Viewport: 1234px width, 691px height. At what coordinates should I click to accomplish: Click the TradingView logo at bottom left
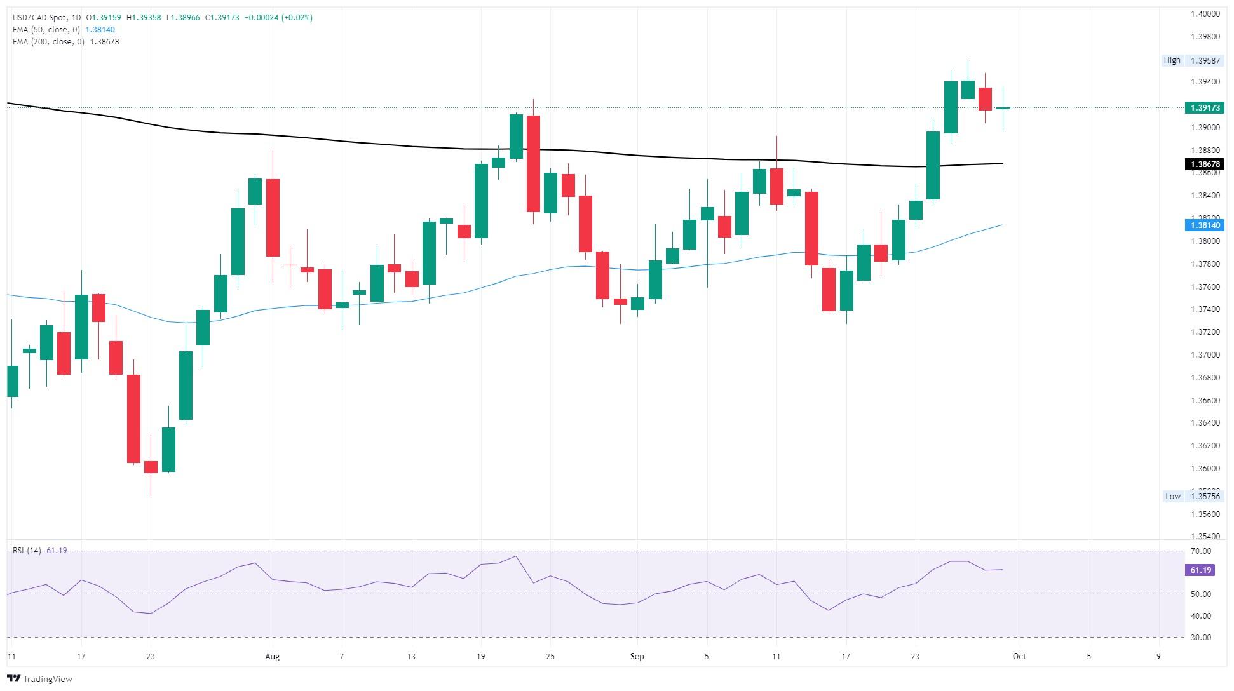pyautogui.click(x=39, y=678)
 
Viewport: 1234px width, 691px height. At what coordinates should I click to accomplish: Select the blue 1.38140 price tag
pyautogui.click(x=1205, y=225)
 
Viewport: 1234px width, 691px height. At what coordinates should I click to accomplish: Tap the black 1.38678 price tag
pyautogui.click(x=1205, y=164)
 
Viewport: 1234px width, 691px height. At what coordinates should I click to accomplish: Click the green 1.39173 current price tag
pyautogui.click(x=1205, y=108)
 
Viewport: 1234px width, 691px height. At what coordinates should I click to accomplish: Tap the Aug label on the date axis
pyautogui.click(x=272, y=657)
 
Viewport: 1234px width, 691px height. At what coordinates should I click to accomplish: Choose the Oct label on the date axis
pyautogui.click(x=1019, y=657)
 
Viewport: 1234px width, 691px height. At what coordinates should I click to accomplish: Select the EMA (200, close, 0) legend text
pyautogui.click(x=48, y=42)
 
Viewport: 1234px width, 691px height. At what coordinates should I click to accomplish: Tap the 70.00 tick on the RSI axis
pyautogui.click(x=1201, y=551)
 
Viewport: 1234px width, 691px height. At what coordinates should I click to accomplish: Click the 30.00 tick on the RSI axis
pyautogui.click(x=1201, y=638)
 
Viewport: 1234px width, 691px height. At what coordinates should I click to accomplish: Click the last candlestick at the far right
pyautogui.click(x=1003, y=109)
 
